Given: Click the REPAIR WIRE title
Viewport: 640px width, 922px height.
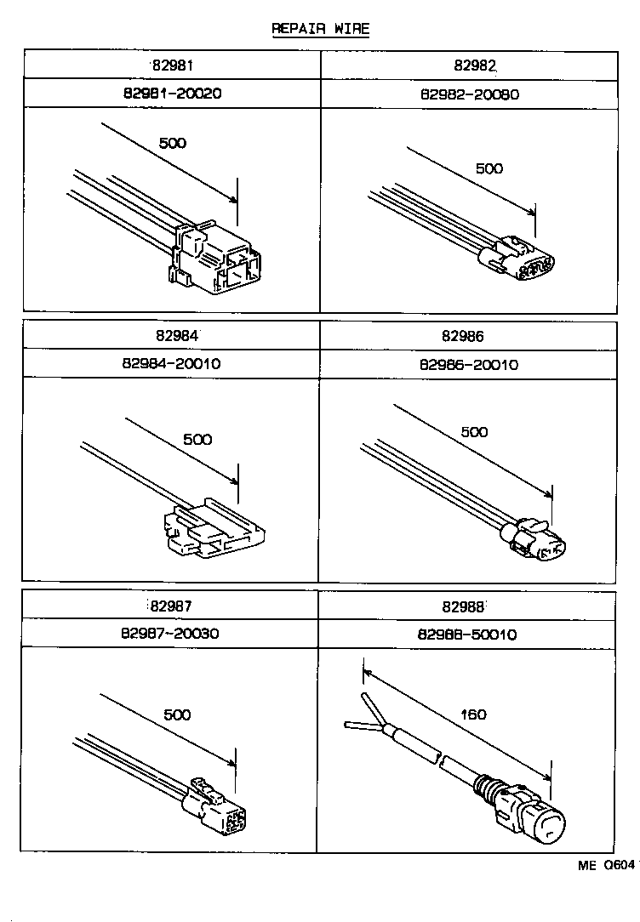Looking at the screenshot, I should (x=320, y=29).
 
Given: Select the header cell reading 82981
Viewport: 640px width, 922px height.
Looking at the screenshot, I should (x=172, y=65).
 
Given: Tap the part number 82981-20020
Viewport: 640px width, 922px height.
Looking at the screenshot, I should (x=172, y=94).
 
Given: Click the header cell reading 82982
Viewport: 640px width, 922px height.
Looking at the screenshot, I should (x=468, y=65).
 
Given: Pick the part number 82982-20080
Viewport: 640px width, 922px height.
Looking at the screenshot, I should (x=468, y=94).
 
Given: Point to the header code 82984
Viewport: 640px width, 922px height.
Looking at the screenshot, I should (x=172, y=336).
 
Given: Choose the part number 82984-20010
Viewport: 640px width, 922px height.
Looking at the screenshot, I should (x=172, y=364).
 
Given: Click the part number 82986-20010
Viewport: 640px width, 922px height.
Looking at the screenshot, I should (x=468, y=365).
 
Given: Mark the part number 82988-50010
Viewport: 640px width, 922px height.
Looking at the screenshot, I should (x=467, y=635).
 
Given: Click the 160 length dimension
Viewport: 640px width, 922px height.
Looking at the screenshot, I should (x=472, y=714).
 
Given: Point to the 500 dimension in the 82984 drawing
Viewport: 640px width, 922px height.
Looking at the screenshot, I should (x=197, y=440).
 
